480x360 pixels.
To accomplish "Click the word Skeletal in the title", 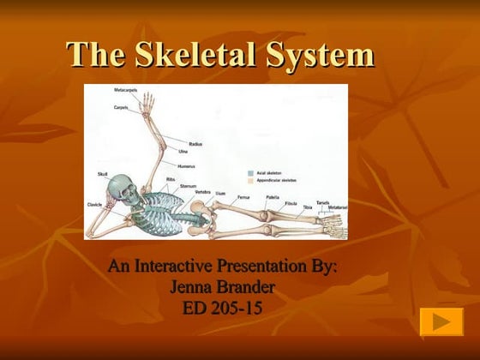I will [207, 56].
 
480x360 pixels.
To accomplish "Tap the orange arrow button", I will [441, 322].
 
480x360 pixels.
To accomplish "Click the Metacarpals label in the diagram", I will [127, 89].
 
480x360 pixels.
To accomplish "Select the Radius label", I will [195, 143].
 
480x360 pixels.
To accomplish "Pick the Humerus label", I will [187, 165].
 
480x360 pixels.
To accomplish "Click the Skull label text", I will [104, 175].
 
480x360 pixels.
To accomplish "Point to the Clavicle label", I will [96, 205].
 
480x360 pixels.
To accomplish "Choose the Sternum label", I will [188, 186].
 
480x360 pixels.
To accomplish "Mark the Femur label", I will [243, 196].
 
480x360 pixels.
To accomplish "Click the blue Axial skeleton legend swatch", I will [249, 171].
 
